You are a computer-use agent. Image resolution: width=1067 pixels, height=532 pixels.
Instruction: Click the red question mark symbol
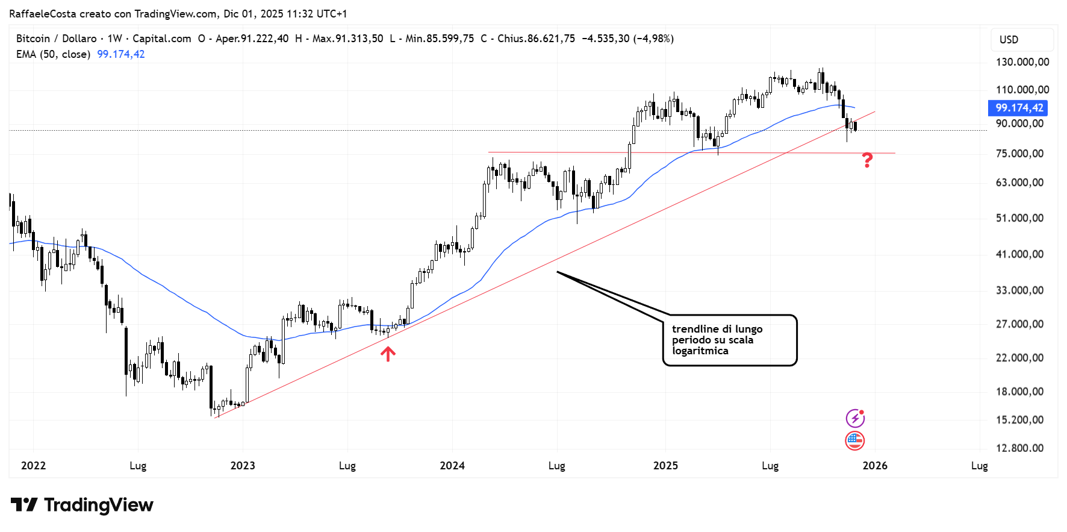click(x=867, y=160)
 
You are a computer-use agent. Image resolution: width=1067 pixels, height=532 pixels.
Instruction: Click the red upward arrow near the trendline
click(x=388, y=354)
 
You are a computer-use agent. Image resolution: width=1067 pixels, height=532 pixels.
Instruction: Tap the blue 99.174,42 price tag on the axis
click(x=1018, y=108)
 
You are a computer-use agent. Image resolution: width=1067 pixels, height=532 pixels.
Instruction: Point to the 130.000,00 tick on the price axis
click(x=1022, y=62)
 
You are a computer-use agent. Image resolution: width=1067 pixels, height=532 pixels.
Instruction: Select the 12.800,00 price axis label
click(x=1019, y=448)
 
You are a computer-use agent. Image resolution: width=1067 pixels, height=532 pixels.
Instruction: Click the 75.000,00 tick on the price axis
click(x=1019, y=154)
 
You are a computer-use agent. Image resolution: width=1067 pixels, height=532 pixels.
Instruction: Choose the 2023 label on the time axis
click(x=243, y=466)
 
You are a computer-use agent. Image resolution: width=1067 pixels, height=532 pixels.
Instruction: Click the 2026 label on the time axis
click(x=875, y=466)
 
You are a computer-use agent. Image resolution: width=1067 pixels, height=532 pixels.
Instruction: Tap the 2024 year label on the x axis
click(x=452, y=466)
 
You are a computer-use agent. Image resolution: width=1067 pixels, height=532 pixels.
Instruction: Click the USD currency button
click(x=1009, y=40)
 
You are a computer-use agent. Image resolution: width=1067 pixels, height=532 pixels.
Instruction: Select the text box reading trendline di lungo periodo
click(x=730, y=340)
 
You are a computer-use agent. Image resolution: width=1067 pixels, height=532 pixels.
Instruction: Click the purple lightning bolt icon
click(x=855, y=418)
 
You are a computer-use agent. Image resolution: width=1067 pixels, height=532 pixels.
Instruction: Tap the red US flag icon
click(x=855, y=441)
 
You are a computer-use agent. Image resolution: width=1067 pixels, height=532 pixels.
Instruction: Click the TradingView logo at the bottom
click(x=82, y=505)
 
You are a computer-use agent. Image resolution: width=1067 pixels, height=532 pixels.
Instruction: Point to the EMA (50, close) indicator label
click(x=53, y=54)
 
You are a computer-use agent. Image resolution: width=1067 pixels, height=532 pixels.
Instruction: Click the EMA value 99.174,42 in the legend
click(x=121, y=54)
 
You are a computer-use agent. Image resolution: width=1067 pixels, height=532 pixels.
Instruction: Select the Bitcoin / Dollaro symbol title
click(x=57, y=39)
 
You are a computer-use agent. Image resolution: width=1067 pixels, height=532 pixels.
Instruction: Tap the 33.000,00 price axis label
click(x=1019, y=290)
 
